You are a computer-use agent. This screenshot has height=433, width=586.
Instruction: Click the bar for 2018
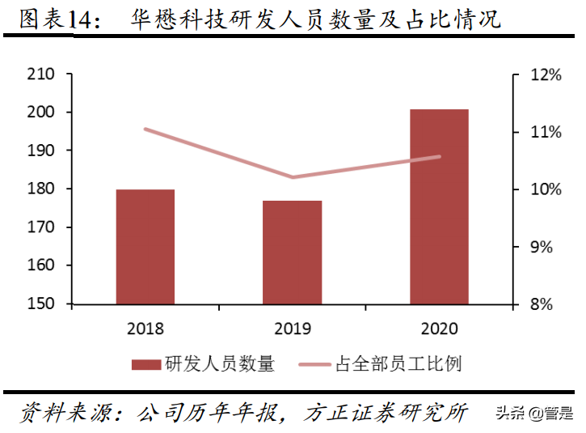pyautogui.click(x=145, y=247)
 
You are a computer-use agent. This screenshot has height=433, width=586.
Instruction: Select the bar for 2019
pyautogui.click(x=293, y=253)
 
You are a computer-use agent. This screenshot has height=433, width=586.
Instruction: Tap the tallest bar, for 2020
pyautogui.click(x=439, y=206)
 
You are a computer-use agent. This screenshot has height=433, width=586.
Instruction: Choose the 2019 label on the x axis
pyautogui.click(x=293, y=329)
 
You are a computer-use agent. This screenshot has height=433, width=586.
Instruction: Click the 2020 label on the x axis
pyautogui.click(x=439, y=329)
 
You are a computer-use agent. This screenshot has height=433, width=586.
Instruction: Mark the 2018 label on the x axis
pyautogui.click(x=145, y=329)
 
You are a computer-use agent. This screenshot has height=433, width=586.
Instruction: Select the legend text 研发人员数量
pyautogui.click(x=219, y=364)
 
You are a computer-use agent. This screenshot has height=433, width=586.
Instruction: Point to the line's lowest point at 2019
pyautogui.click(x=293, y=177)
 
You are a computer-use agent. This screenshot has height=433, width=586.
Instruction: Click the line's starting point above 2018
pyautogui.click(x=145, y=129)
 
